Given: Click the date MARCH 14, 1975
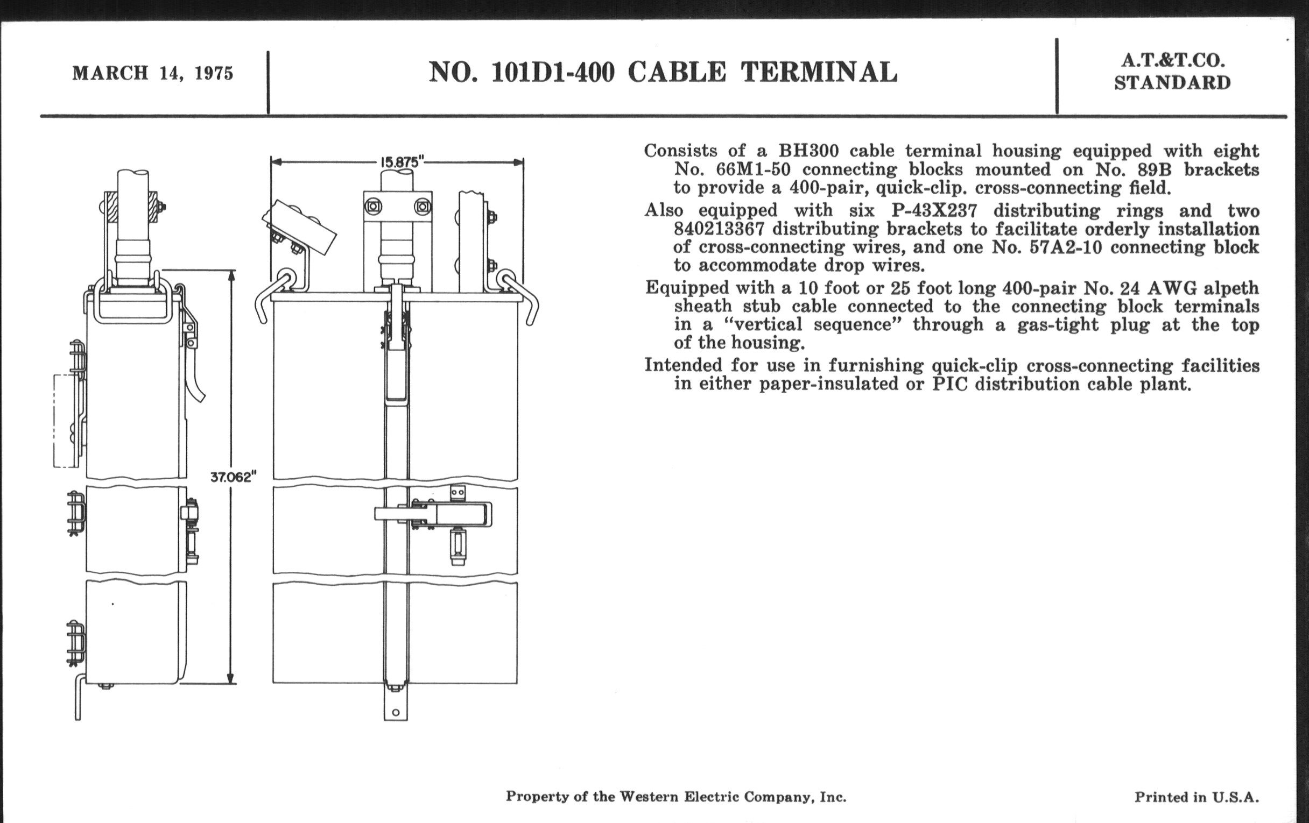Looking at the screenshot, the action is point(153,73).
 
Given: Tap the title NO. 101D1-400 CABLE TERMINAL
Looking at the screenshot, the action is point(663,72).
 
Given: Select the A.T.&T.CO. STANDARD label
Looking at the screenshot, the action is point(1172,72).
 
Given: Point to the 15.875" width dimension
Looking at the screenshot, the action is point(401,162).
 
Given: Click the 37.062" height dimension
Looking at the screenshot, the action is point(233,478).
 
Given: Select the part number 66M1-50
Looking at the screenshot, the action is point(753,169).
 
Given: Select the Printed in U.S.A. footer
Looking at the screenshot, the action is point(1197,797).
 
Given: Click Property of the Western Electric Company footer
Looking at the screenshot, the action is point(675,797).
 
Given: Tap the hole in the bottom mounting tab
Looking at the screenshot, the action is point(396,712).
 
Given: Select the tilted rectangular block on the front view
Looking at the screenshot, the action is point(298,226).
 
